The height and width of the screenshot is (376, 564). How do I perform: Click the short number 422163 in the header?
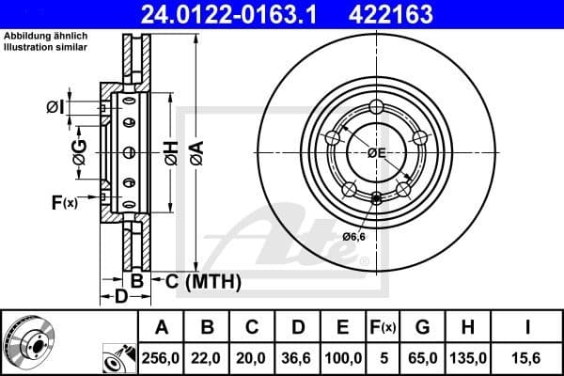[418, 14]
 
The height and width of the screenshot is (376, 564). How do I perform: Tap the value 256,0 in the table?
[161, 358]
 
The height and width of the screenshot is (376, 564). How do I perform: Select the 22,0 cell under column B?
[208, 358]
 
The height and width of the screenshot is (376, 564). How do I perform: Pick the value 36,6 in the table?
[298, 358]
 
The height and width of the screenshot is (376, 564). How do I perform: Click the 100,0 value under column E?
[343, 358]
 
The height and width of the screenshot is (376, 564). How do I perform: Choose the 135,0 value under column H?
[467, 358]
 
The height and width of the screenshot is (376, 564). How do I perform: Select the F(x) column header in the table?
[383, 327]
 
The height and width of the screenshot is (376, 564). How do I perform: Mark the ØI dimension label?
[56, 107]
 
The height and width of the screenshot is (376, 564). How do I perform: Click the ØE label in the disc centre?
[377, 151]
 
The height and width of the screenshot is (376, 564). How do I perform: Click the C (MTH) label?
[203, 281]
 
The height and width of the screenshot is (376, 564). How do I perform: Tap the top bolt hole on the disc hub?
[377, 105]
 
